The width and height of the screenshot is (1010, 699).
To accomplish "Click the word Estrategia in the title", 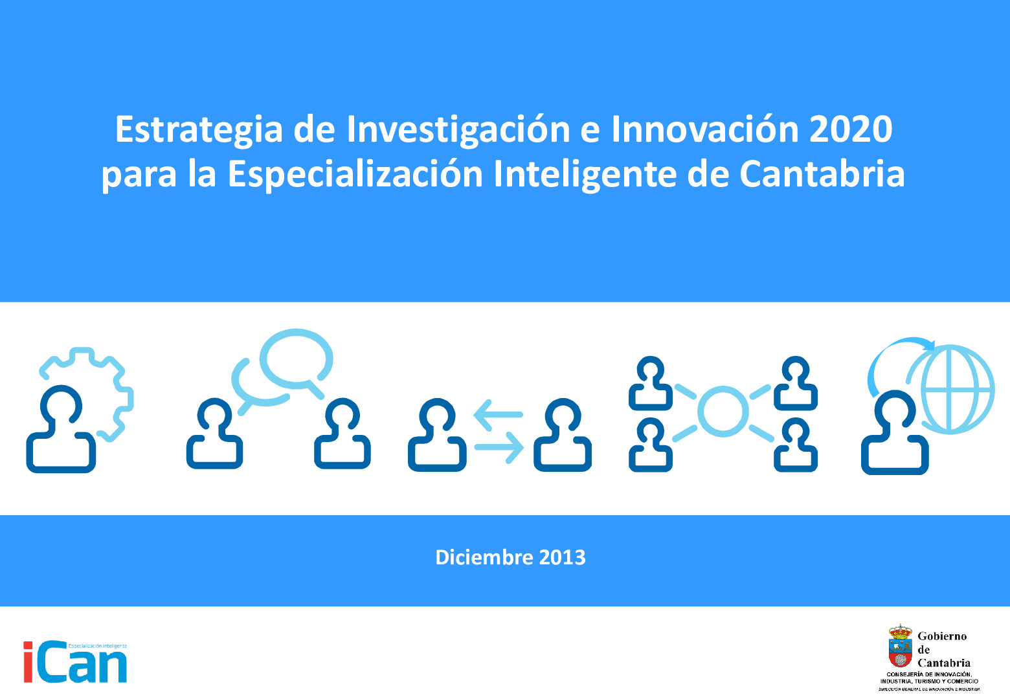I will click(x=199, y=129).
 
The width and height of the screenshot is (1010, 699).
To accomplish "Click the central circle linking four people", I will click(x=723, y=412).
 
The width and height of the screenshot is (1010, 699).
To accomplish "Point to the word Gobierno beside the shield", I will click(x=942, y=636).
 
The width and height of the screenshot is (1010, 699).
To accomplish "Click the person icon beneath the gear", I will click(x=61, y=430).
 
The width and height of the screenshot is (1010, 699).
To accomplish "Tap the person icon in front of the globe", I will click(x=895, y=434).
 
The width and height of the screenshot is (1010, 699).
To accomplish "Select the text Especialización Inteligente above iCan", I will click(x=98, y=646).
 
